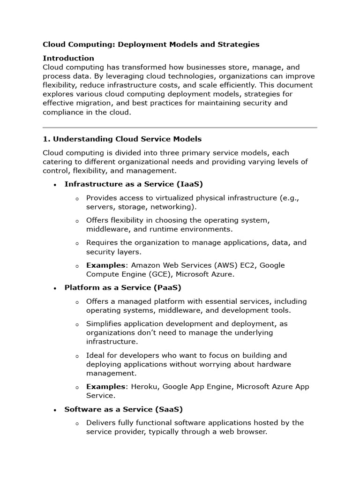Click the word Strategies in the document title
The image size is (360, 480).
238,45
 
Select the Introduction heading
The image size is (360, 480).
68,58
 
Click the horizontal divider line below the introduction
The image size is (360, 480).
180,127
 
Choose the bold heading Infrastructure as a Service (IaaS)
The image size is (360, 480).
134,184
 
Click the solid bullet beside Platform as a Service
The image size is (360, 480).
55,288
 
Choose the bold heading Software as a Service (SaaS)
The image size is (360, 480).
123,409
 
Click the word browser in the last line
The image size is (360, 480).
251,432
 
